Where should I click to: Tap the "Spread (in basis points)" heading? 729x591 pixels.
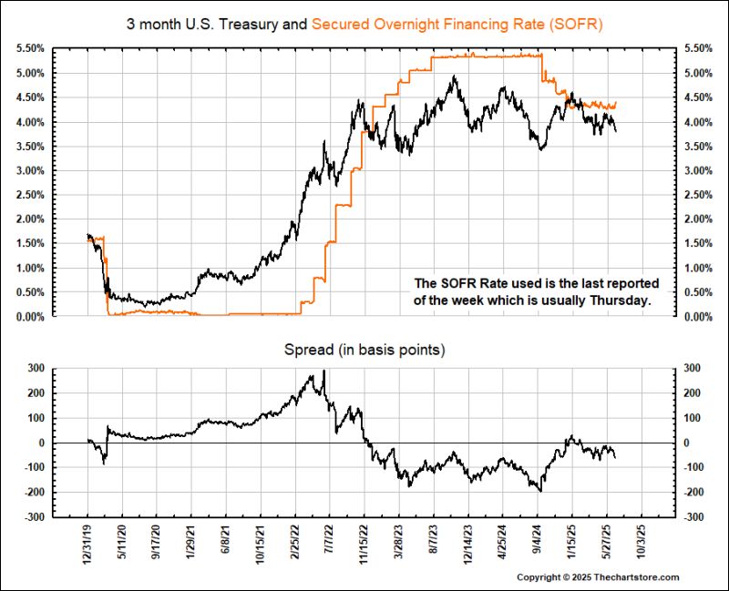(x=364, y=349)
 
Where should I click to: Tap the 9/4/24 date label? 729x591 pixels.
(x=538, y=544)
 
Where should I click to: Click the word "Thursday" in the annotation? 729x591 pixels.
(x=622, y=300)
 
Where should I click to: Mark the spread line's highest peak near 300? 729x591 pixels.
(x=323, y=372)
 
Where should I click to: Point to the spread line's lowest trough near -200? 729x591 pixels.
(x=541, y=491)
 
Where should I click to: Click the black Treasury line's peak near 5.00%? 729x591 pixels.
(x=453, y=77)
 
